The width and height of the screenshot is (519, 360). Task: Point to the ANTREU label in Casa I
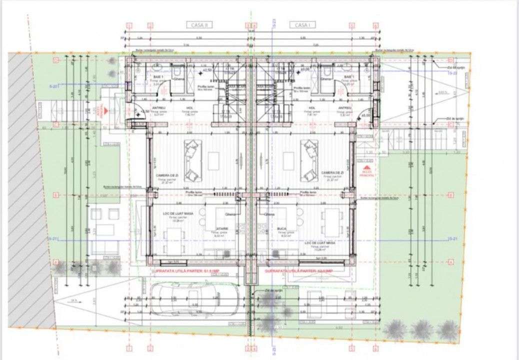pyautogui.click(x=344, y=107)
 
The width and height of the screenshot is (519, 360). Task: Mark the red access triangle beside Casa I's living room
pyautogui.click(x=367, y=168)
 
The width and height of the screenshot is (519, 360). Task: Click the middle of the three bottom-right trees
pyautogui.click(x=421, y=329)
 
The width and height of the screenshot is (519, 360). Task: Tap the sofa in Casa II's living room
pyautogui.click(x=191, y=160)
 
